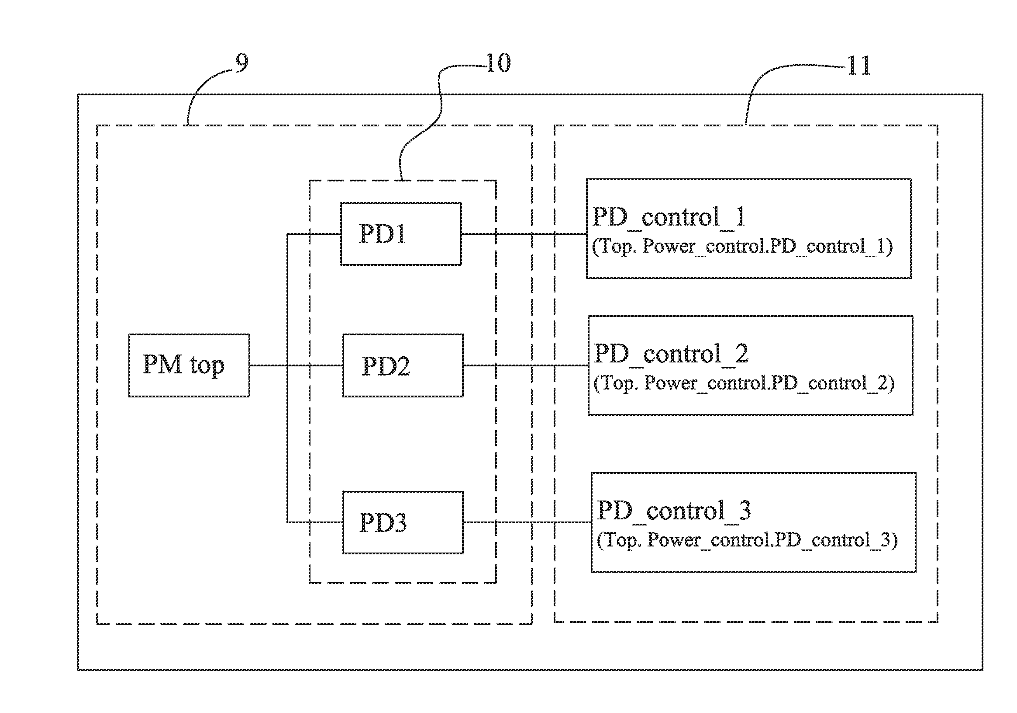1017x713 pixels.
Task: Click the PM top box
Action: click(189, 365)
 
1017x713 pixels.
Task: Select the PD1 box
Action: click(401, 234)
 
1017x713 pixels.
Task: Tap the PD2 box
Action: click(403, 365)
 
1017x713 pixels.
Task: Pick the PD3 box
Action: click(403, 522)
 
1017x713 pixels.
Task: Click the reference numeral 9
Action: click(241, 63)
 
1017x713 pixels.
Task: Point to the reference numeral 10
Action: click(498, 63)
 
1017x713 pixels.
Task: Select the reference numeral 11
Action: click(858, 66)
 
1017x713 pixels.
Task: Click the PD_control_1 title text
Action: click(669, 217)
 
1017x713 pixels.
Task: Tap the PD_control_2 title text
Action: click(671, 353)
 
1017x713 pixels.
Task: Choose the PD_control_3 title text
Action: click(674, 510)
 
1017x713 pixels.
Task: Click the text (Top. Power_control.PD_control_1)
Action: click(742, 247)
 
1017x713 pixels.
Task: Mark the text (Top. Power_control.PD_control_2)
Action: click(744, 383)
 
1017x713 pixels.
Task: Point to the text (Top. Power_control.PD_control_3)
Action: click(747, 540)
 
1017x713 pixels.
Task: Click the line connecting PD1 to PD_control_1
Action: click(523, 234)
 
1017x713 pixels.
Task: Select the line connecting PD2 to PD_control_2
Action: click(525, 365)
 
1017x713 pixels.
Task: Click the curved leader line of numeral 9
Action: click(202, 87)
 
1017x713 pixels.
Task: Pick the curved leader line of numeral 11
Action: click(779, 71)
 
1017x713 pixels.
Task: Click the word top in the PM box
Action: click(207, 366)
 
